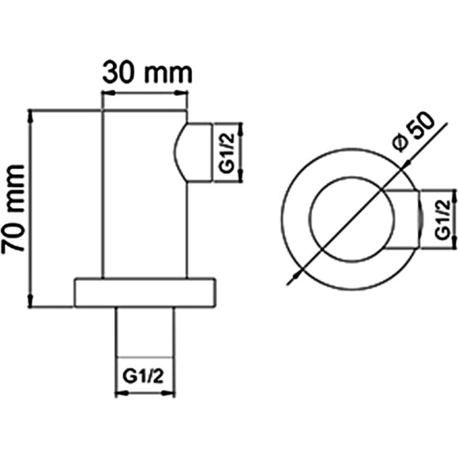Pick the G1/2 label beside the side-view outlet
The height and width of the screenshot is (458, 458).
[x=226, y=153]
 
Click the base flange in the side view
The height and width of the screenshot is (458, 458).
[x=147, y=294]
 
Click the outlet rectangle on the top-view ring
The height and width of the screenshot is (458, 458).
[x=402, y=218]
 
